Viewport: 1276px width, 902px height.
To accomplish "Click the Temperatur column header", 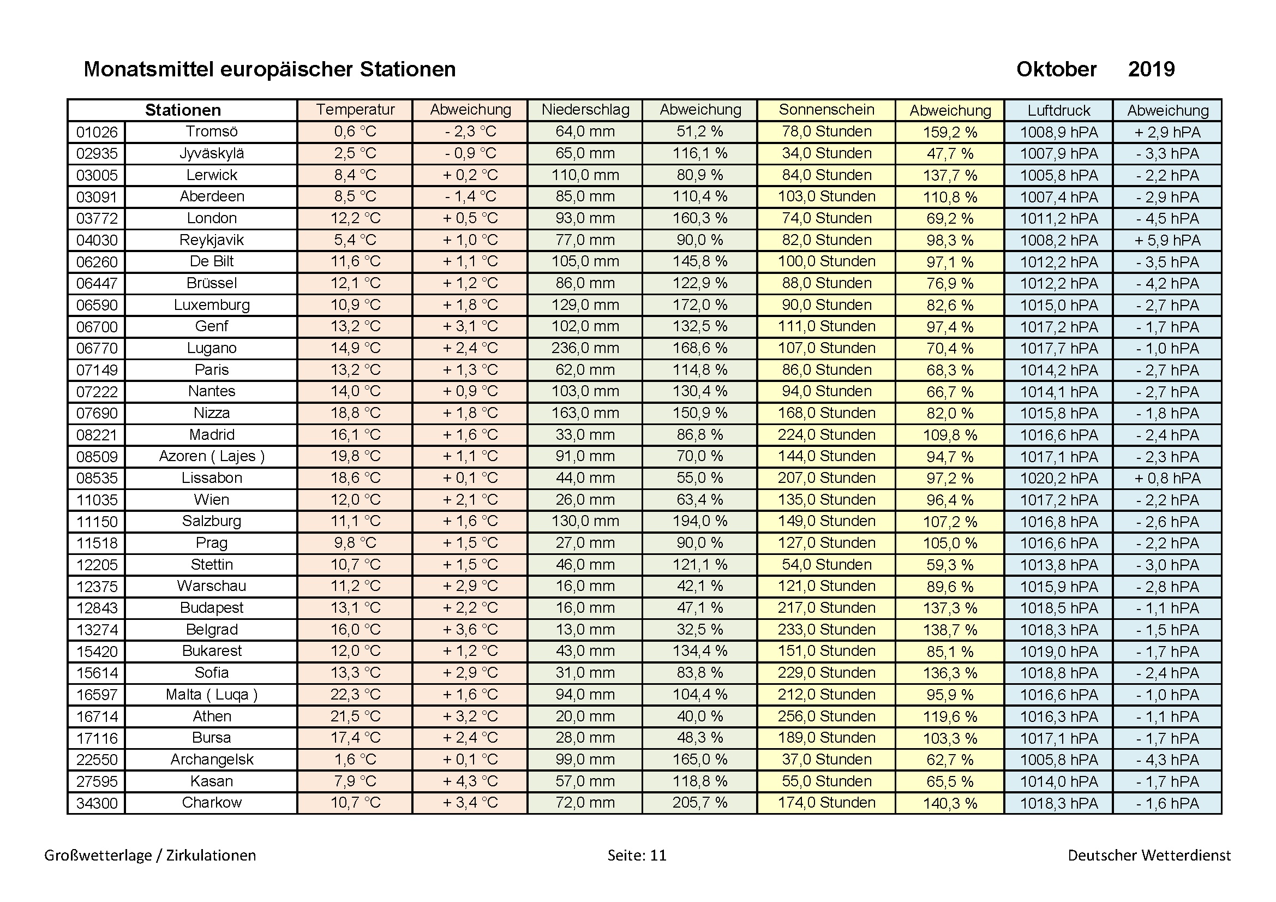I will [x=355, y=110].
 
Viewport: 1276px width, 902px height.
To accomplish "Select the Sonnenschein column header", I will [x=826, y=110].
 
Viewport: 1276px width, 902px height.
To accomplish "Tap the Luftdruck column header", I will [x=1058, y=110].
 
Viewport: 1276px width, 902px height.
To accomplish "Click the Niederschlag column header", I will [x=585, y=110].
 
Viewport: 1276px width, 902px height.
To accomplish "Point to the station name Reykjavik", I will [x=211, y=240].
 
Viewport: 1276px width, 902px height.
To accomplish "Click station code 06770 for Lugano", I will [x=97, y=349].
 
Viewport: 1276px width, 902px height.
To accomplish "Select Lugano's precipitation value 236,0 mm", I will [x=585, y=348].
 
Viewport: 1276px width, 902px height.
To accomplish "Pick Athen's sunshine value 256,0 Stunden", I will [x=826, y=716].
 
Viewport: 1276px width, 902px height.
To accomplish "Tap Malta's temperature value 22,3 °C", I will [x=355, y=694].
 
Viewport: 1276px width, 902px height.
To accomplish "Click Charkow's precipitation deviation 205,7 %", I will [x=700, y=803].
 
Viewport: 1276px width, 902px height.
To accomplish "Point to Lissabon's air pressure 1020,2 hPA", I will [x=1058, y=478].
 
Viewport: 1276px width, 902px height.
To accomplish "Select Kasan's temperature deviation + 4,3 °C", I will [x=470, y=781].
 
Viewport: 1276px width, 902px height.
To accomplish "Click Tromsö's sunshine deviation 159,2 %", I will [x=950, y=132].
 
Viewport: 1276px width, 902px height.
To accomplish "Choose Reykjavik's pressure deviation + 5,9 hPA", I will [x=1167, y=240].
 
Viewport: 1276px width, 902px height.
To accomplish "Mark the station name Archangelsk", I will [x=211, y=759].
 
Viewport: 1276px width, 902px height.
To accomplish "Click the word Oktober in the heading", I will [x=1056, y=69].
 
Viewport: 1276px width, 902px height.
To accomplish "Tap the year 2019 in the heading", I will [x=1151, y=69].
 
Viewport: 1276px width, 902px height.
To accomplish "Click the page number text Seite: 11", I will [x=636, y=855].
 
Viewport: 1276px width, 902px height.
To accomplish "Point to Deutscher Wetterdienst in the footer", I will [x=1149, y=855].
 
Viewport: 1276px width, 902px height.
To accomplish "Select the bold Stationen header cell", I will [x=183, y=110].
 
